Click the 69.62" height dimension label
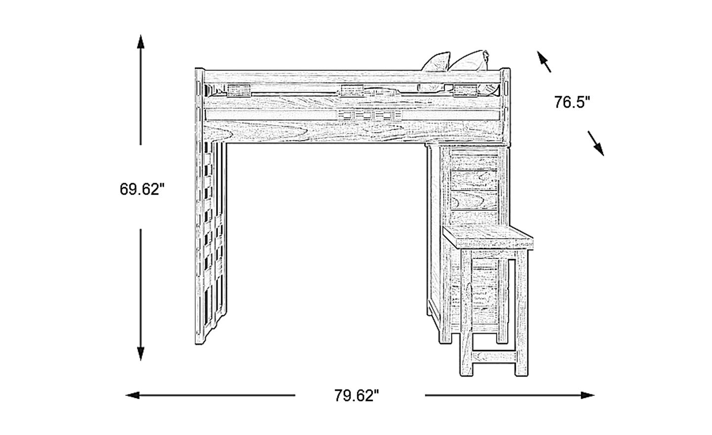(142, 189)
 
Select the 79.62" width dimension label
(356, 396)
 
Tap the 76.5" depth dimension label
(572, 102)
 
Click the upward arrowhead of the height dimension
(140, 42)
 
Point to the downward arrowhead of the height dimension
(140, 353)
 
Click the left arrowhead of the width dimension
(133, 395)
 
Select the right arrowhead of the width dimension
(587, 395)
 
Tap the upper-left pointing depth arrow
(544, 62)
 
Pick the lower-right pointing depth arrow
(596, 143)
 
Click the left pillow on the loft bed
(436, 62)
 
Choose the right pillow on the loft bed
(469, 60)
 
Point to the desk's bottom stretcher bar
(494, 356)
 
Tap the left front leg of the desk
(466, 312)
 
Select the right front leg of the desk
(522, 312)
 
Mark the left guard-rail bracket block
(239, 90)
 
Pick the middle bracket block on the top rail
(352, 90)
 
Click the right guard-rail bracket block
(465, 90)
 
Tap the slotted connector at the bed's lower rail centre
(370, 115)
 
